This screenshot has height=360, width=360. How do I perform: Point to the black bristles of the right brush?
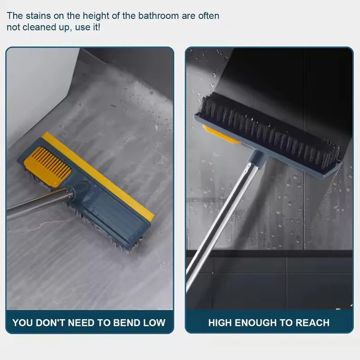click(x=270, y=130)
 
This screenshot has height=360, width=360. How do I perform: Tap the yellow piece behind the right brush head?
click(x=220, y=135)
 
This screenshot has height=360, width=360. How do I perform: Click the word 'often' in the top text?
click(x=208, y=16)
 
